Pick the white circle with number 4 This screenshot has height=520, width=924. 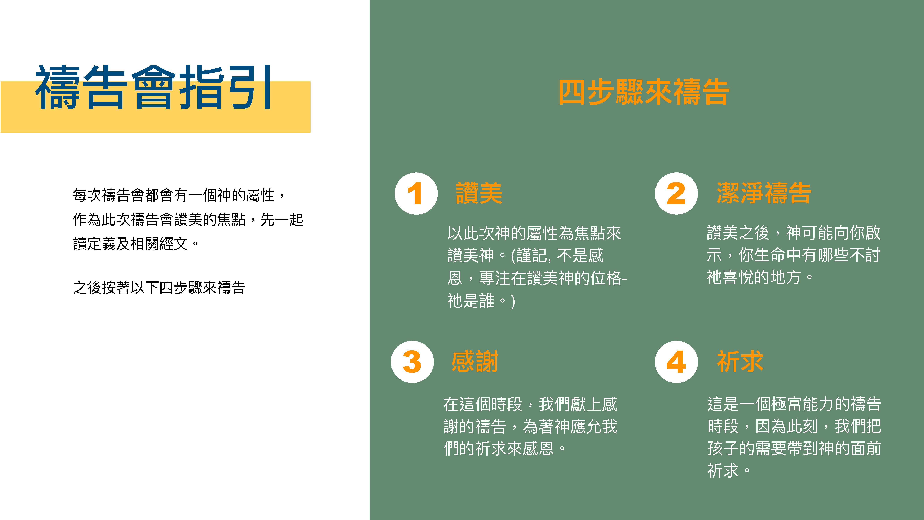[676, 362]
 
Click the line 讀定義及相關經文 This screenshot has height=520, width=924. [136, 244]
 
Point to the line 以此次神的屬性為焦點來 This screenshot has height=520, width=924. [534, 233]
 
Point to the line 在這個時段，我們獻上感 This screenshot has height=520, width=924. [530, 404]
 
